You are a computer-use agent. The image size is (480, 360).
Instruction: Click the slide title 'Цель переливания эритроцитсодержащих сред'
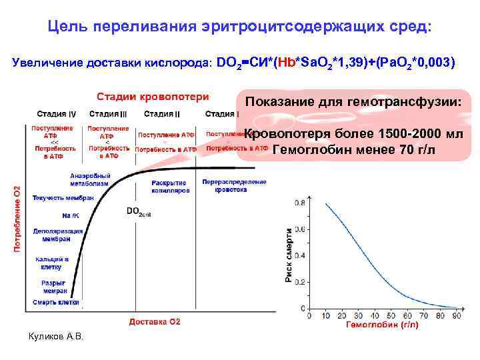[x=240, y=27]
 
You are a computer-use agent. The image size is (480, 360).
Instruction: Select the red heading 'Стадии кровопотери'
[x=153, y=97]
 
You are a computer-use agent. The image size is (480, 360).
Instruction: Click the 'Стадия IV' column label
[x=56, y=113]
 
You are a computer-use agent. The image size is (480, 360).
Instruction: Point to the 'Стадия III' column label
[x=108, y=113]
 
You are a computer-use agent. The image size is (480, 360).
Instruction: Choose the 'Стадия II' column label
[x=162, y=113]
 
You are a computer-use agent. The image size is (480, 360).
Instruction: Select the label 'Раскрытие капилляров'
[x=170, y=186]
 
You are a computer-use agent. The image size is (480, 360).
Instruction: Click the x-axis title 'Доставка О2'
[x=155, y=322]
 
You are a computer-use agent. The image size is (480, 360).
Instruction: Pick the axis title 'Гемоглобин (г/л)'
[x=382, y=325]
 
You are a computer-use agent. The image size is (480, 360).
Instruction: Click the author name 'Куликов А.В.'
[x=57, y=337]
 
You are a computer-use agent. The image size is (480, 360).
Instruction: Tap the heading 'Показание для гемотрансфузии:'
[x=358, y=102]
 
